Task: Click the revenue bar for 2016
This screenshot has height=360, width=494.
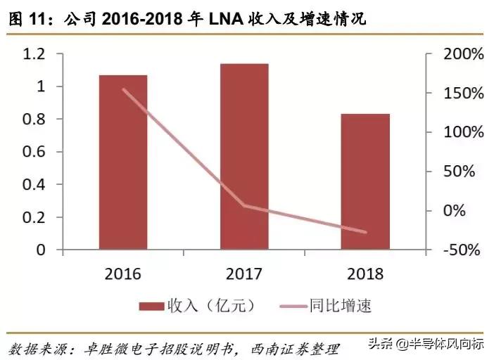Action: click(122, 162)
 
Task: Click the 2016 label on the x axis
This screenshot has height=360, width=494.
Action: click(122, 274)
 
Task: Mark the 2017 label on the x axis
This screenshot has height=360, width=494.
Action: click(244, 274)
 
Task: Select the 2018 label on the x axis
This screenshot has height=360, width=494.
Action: click(365, 274)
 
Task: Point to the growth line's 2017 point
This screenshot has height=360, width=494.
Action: click(244, 205)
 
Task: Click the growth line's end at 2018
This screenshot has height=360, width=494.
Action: click(365, 231)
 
